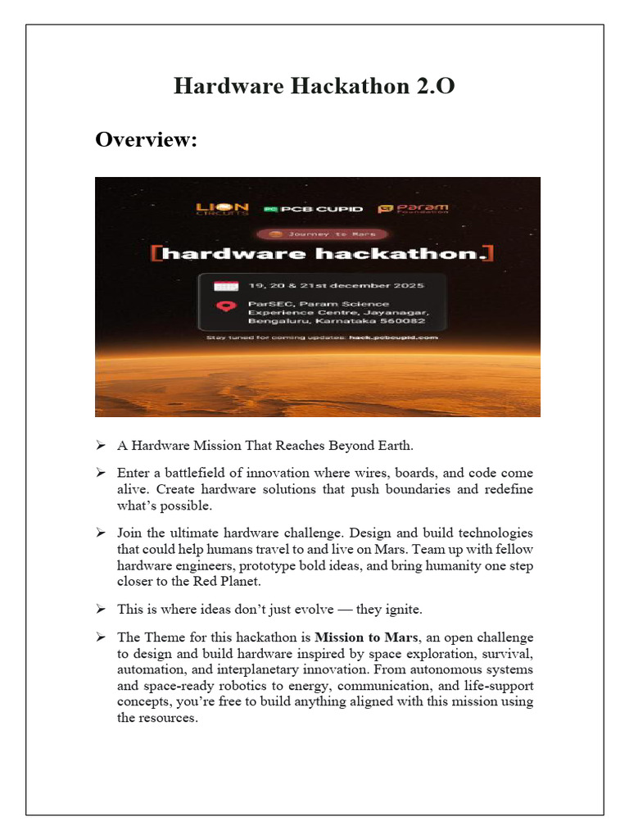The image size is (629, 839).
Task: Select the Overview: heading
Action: tap(147, 140)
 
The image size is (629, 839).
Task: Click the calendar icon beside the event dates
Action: tap(224, 286)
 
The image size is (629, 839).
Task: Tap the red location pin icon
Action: tap(224, 308)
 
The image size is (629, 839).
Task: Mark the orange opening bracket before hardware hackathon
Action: tap(155, 253)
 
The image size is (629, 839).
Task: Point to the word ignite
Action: tap(400, 609)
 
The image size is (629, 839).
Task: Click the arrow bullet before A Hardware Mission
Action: tap(100, 446)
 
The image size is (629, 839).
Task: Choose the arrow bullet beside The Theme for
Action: tap(100, 637)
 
